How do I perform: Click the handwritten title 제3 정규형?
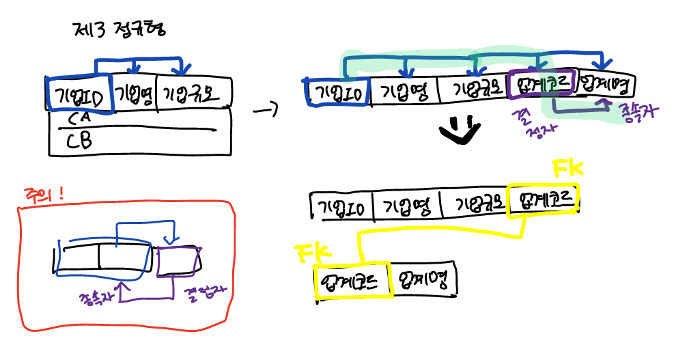coord(119,31)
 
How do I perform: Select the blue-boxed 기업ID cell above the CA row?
coord(78,94)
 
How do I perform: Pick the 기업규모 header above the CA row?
coord(194,94)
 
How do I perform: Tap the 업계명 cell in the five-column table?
coord(605,85)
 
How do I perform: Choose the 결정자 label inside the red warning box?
coord(205,294)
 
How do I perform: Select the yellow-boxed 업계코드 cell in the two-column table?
coord(351,280)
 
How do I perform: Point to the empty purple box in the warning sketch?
coord(178,262)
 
